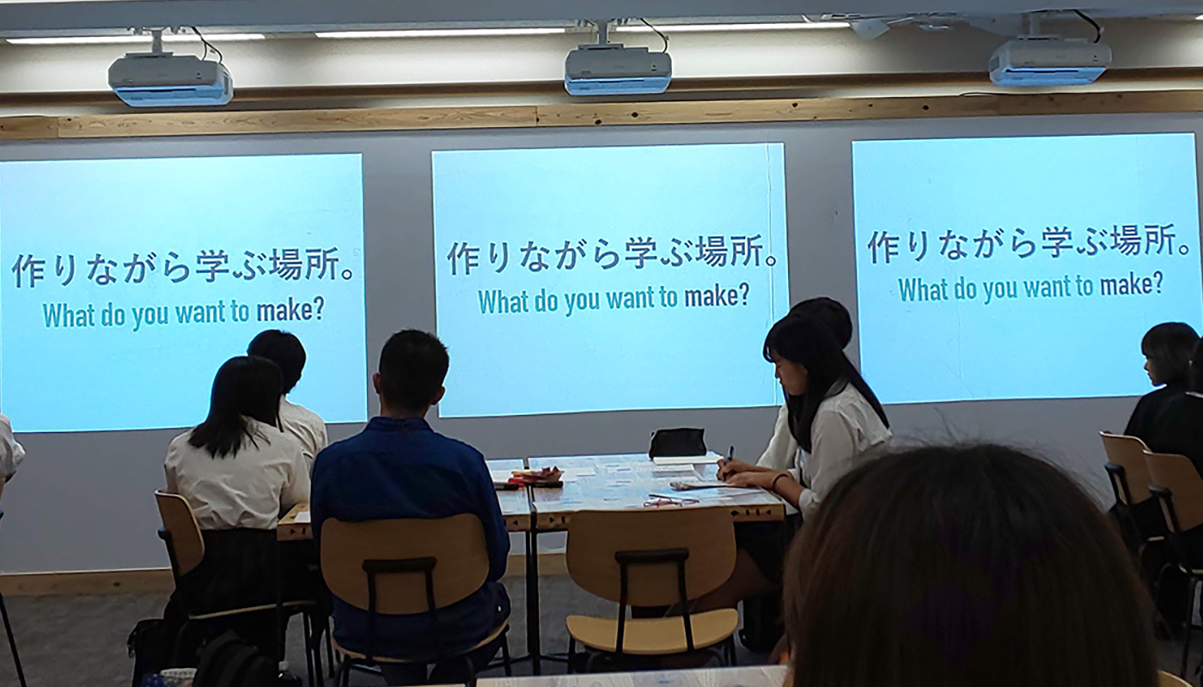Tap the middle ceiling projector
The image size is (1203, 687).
coord(618,70)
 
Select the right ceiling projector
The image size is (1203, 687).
coord(1050,62)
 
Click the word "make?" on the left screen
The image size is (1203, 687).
coord(290,310)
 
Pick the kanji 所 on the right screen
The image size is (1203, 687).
coord(1154,241)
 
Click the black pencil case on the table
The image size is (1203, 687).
coord(677,442)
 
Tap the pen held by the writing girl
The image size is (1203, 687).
coord(728,459)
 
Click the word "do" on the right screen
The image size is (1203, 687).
coord(965,289)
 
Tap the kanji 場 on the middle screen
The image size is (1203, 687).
coord(712,251)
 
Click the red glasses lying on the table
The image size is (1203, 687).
coord(671,501)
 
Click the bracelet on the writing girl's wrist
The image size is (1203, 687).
coord(777,481)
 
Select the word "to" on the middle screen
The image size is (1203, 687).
coord(669,299)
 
